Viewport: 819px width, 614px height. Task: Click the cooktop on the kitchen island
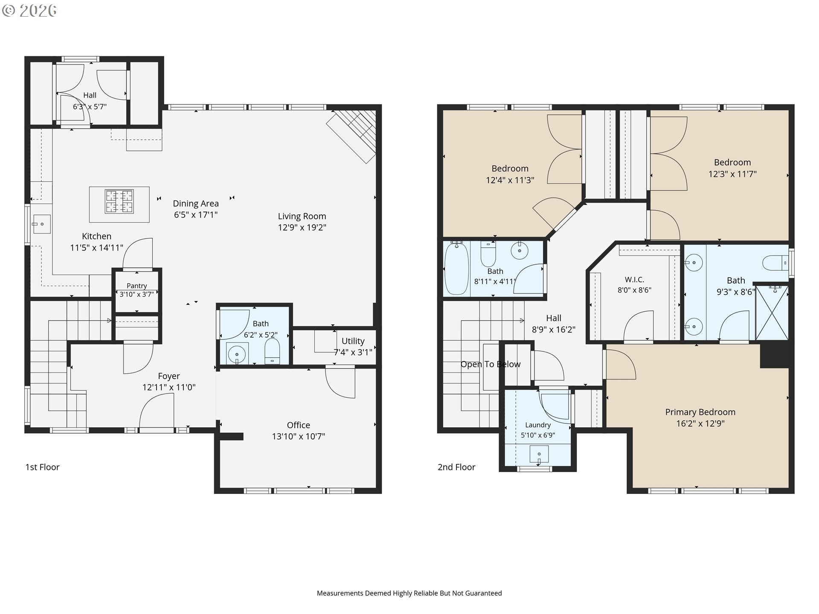point(119,202)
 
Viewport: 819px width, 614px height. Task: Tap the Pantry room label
point(136,286)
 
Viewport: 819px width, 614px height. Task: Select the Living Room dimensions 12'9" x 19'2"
point(302,228)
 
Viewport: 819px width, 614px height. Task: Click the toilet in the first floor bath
point(272,351)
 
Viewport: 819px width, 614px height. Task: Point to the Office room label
point(299,425)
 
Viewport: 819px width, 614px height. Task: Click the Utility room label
point(353,341)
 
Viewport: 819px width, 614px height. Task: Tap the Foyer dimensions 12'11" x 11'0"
point(169,387)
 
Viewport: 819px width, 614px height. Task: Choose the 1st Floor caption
point(42,467)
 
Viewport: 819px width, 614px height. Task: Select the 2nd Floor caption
point(456,467)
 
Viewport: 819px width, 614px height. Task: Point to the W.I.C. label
point(634,280)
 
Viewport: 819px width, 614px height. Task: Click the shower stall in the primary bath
point(772,313)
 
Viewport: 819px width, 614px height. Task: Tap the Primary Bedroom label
point(700,412)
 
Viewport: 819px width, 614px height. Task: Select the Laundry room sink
point(539,454)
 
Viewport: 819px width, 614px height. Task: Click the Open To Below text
point(491,364)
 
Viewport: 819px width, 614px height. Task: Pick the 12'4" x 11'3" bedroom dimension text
point(510,180)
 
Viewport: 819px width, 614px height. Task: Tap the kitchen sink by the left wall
point(42,224)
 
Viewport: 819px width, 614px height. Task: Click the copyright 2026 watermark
point(29,10)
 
